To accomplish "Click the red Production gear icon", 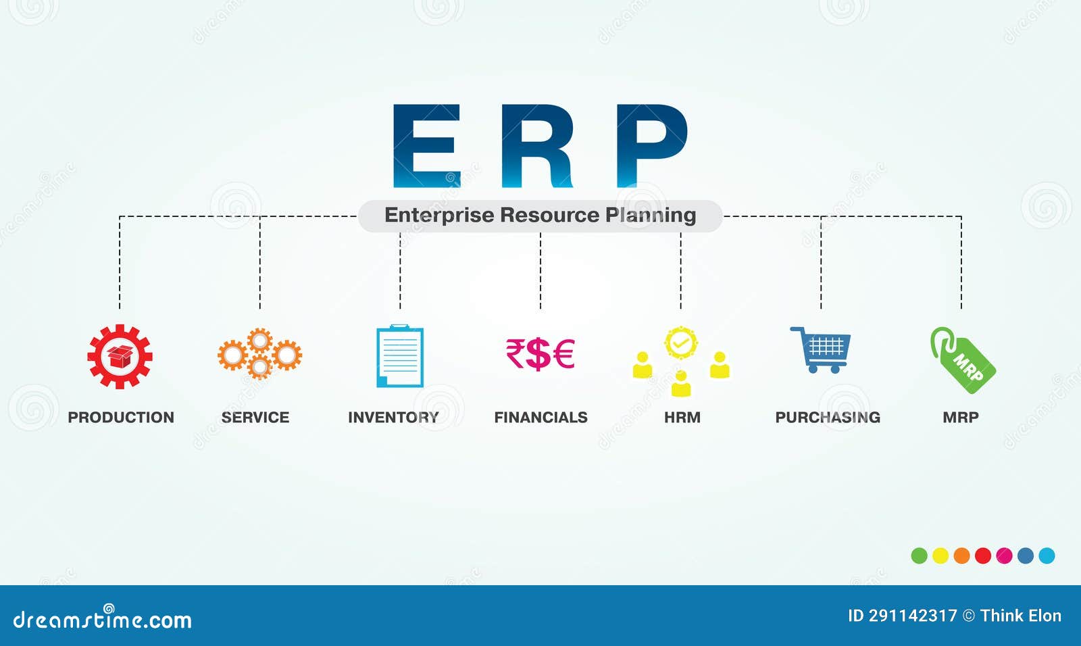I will pyautogui.click(x=120, y=356).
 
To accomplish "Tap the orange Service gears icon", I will pyautogui.click(x=259, y=353).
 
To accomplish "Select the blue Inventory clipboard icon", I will pyautogui.click(x=400, y=356).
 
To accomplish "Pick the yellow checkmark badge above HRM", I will pyautogui.click(x=680, y=343).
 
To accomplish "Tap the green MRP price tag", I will pyautogui.click(x=963, y=360).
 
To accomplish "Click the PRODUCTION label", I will pyautogui.click(x=121, y=418).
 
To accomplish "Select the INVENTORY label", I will pyautogui.click(x=393, y=418).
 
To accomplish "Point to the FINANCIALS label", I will pyautogui.click(x=540, y=418).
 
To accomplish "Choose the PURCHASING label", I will pyautogui.click(x=828, y=418).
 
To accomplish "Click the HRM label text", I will pyautogui.click(x=682, y=418).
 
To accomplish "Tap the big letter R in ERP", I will pyautogui.click(x=538, y=145).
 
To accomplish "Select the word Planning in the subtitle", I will pyautogui.click(x=650, y=216).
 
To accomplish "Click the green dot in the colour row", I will pyautogui.click(x=919, y=555).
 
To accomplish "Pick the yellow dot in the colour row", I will pyautogui.click(x=940, y=555).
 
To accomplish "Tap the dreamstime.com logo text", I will pyautogui.click(x=103, y=620).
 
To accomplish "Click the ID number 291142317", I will pyautogui.click(x=912, y=616).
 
